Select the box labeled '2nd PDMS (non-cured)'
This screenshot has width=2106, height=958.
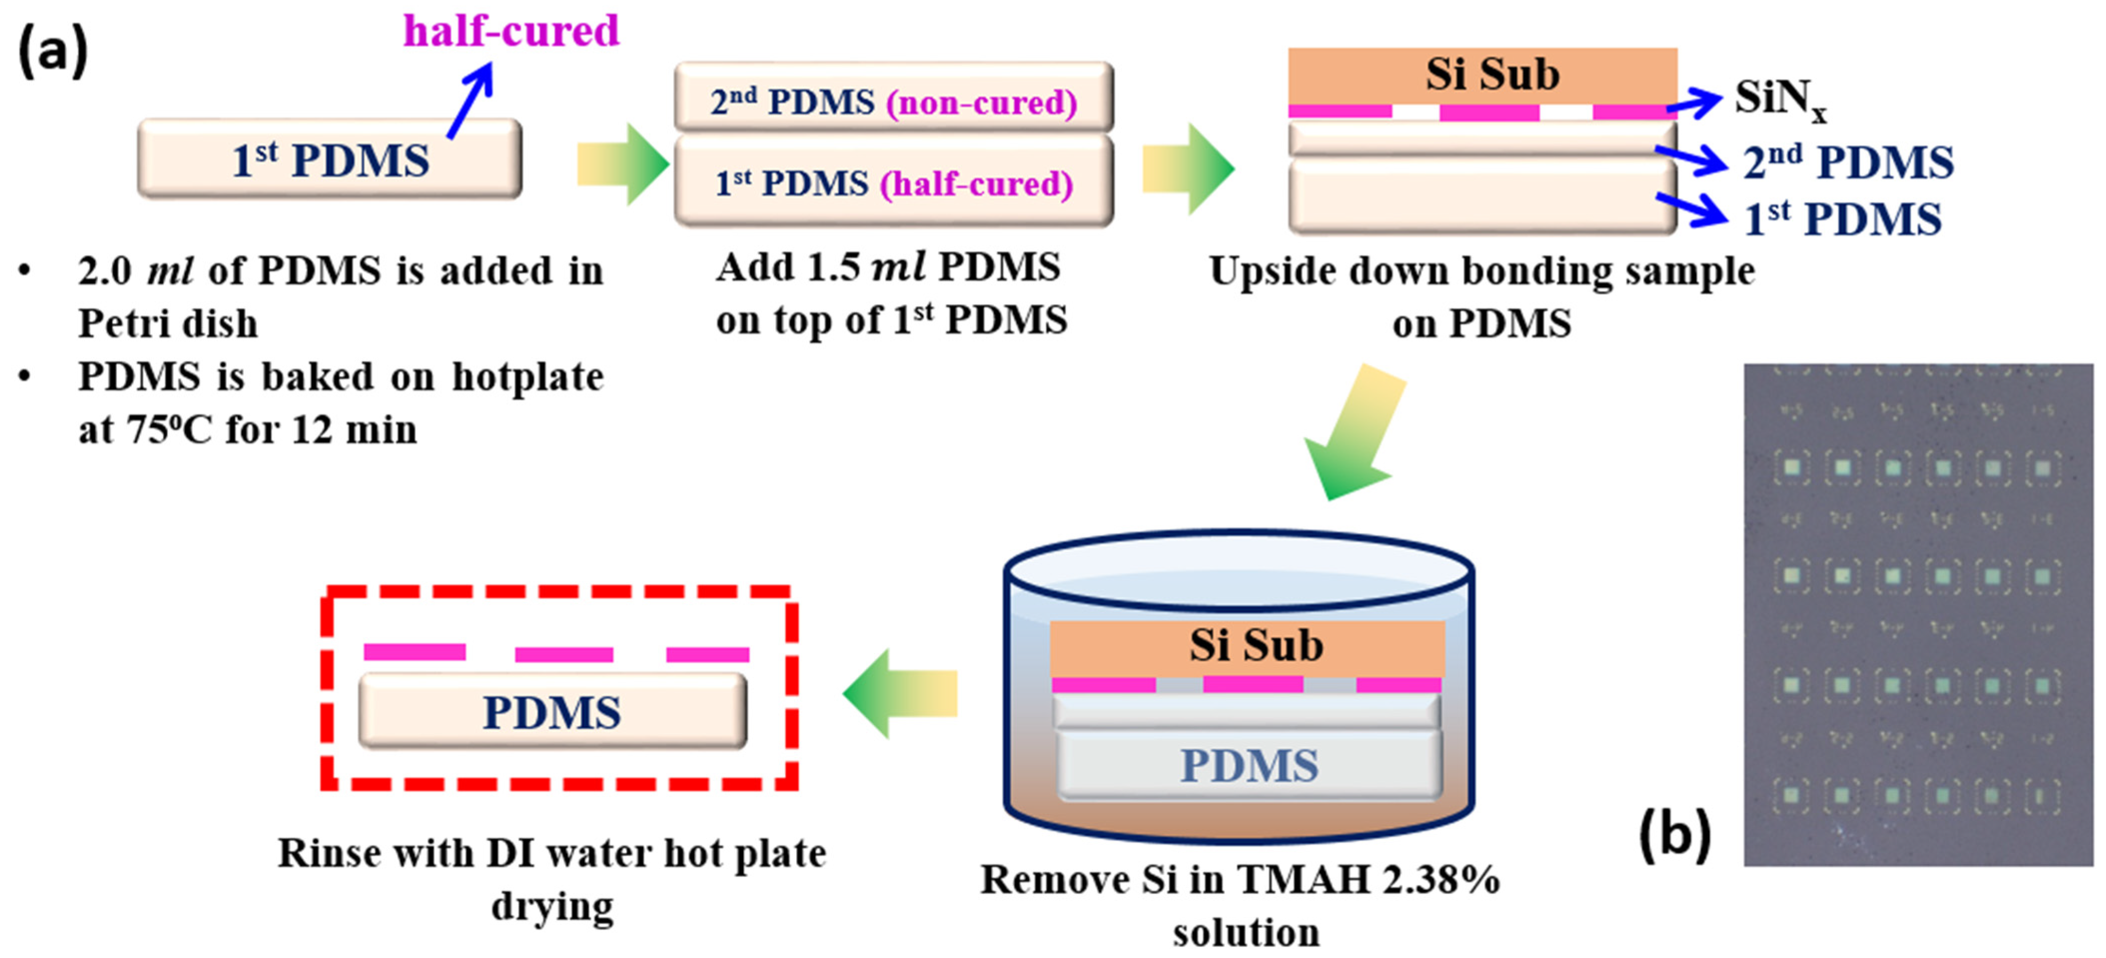coord(893,98)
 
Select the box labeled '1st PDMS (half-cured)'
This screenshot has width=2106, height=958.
coord(893,181)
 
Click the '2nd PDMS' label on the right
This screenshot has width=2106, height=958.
coord(1848,162)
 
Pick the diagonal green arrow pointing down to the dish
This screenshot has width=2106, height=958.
coord(1353,433)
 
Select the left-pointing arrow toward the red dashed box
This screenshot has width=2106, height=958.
coord(899,693)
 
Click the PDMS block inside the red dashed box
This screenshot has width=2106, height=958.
coord(553,711)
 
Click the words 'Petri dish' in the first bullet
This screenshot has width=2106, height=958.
coord(168,324)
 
